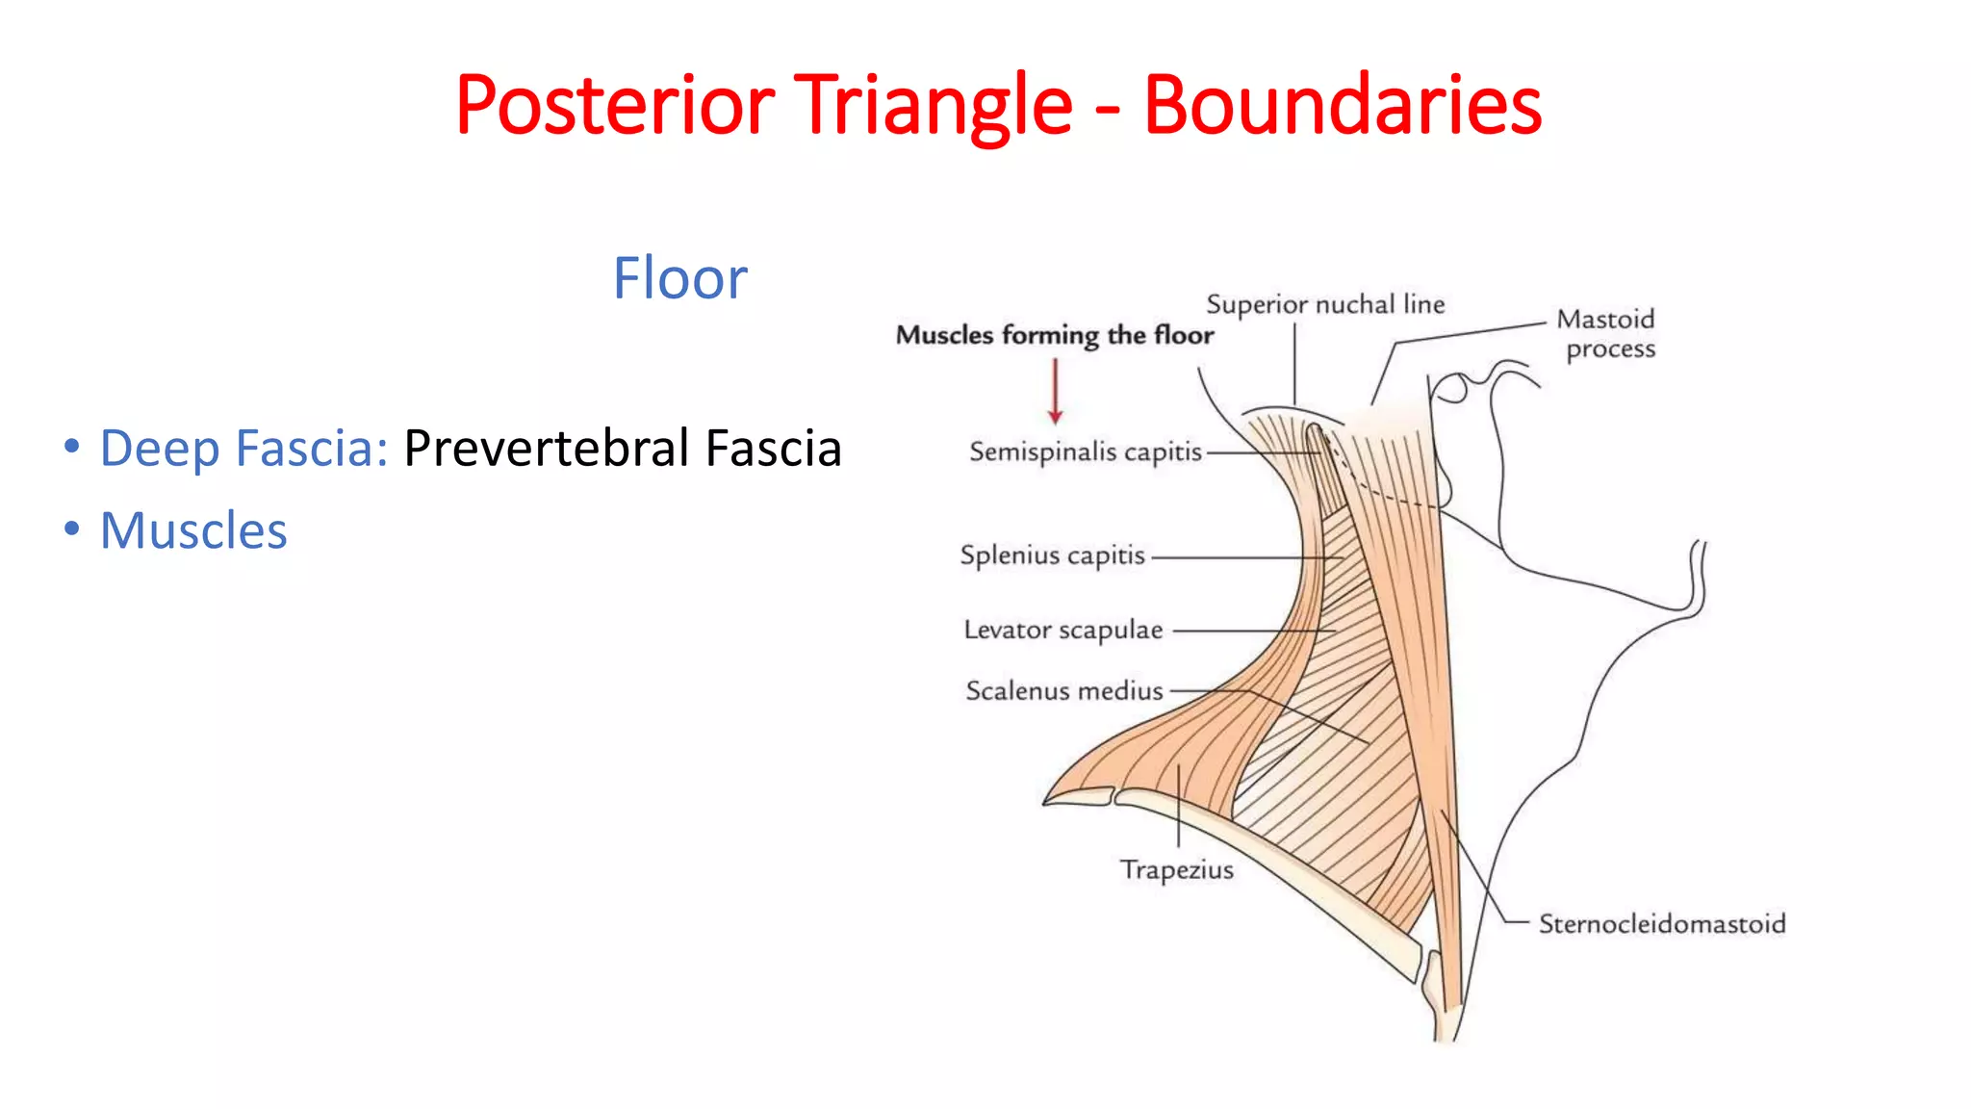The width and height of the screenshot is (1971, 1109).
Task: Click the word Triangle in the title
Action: pyautogui.click(x=932, y=106)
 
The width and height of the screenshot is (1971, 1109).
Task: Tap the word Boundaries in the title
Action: pyautogui.click(x=1342, y=106)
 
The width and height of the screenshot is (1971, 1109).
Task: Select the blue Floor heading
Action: pyautogui.click(x=679, y=279)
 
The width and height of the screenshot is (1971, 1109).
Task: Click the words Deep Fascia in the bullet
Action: pyautogui.click(x=243, y=449)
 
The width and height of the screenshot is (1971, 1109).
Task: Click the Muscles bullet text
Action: pyautogui.click(x=193, y=530)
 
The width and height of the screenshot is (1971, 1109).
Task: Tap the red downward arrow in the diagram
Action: pyautogui.click(x=1055, y=391)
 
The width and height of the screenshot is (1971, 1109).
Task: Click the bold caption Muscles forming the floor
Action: pyautogui.click(x=1054, y=335)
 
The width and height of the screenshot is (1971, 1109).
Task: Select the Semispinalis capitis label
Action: pyautogui.click(x=1085, y=451)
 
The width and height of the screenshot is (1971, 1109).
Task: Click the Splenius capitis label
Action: pyautogui.click(x=1052, y=555)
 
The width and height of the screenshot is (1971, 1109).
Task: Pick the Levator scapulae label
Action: pyautogui.click(x=1062, y=630)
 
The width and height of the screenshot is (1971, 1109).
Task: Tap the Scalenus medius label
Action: pyautogui.click(x=1063, y=691)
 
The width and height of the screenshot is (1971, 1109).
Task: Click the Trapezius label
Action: pyautogui.click(x=1176, y=870)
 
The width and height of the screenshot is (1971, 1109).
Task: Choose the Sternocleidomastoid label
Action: pyautogui.click(x=1661, y=924)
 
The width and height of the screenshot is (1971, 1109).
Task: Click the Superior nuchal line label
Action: pyautogui.click(x=1325, y=305)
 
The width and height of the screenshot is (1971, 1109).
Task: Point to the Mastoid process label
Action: pyautogui.click(x=1606, y=333)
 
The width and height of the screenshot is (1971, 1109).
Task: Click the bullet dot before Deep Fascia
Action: pyautogui.click(x=71, y=447)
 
